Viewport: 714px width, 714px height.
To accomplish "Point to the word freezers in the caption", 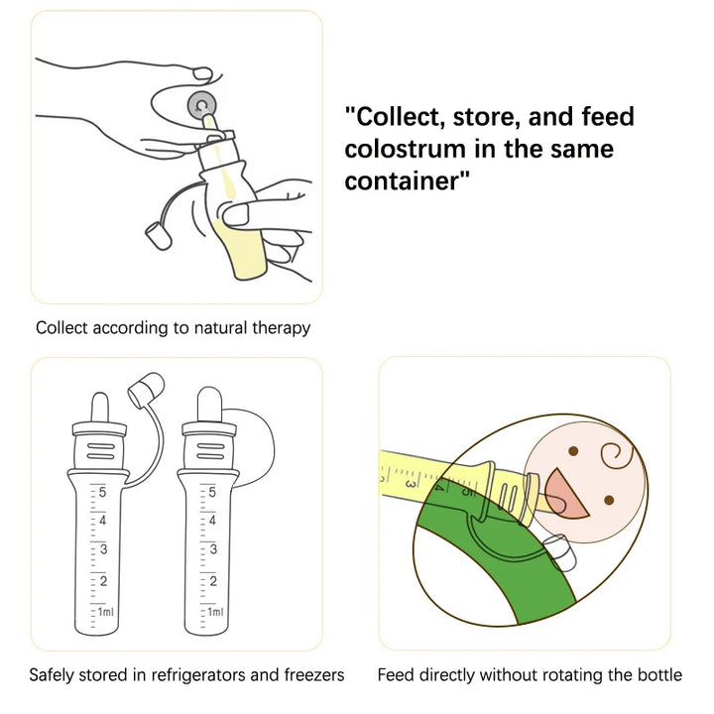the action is pos(314,674).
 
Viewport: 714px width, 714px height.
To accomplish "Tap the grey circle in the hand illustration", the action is pos(201,106).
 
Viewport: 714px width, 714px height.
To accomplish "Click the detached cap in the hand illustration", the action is pos(158,236).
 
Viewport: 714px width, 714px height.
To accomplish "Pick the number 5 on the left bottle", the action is pos(102,492).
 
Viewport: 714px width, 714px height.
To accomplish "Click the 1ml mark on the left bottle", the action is pos(106,612).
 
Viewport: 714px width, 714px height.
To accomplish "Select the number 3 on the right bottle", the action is pos(213,549).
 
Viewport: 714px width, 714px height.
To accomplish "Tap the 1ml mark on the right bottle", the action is pos(215,612).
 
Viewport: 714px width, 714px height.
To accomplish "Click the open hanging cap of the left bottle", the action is pos(146,390).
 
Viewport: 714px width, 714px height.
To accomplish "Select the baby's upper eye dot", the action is pos(573,451).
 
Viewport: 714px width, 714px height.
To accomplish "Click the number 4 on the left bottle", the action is pos(102,521).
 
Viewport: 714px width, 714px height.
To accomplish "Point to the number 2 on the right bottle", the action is pos(213,581).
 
